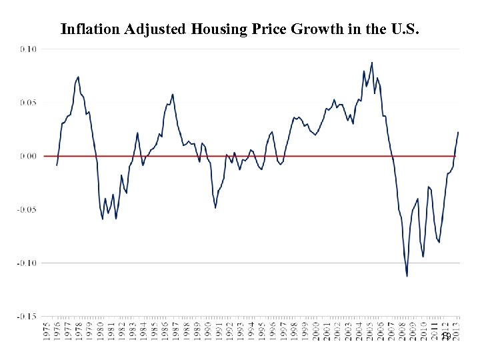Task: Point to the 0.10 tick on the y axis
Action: point(29,49)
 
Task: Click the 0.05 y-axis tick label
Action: point(29,103)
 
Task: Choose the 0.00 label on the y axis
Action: point(29,156)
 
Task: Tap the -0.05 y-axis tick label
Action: point(27,209)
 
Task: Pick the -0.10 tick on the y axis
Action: point(27,263)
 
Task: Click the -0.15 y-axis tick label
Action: point(27,316)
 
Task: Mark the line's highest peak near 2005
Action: point(372,63)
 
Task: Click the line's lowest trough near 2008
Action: point(407,276)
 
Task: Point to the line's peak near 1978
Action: point(78,77)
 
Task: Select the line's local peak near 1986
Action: point(173,94)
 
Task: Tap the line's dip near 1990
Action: point(215,207)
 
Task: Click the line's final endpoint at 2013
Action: point(458,132)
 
